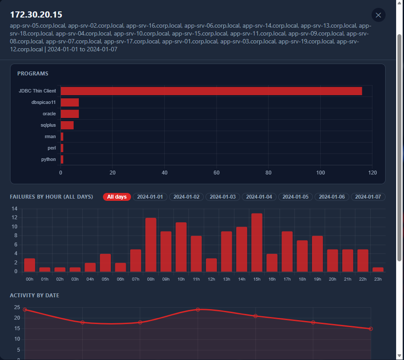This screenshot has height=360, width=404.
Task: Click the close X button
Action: click(x=378, y=15)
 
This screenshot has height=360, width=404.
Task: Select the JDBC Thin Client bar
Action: click(x=211, y=91)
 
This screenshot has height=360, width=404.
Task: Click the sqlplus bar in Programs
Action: click(x=67, y=125)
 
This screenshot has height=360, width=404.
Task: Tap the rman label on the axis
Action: click(x=50, y=136)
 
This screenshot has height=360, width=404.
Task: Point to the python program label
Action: click(x=49, y=159)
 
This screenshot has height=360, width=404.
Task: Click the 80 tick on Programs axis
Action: click(x=269, y=173)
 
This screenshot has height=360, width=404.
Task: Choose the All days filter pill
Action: click(x=117, y=197)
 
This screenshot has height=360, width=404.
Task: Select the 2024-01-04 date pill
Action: click(x=259, y=197)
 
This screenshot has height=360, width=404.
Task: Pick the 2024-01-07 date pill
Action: click(x=368, y=197)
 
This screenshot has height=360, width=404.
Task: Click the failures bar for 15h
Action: click(x=257, y=242)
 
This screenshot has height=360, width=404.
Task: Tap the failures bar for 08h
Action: click(x=151, y=245)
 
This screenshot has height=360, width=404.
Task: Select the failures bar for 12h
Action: click(x=211, y=265)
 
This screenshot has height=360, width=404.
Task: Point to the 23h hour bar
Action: click(x=378, y=270)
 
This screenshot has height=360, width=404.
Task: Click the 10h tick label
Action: click(x=181, y=279)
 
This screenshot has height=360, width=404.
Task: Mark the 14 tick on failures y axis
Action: click(x=14, y=209)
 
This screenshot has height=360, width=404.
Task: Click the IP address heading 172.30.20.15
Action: click(x=36, y=15)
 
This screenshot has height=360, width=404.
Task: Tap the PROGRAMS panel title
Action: click(x=33, y=74)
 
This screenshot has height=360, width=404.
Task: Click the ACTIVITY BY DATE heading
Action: click(x=35, y=296)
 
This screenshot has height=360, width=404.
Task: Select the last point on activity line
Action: click(x=371, y=329)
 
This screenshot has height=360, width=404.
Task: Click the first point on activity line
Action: click(x=25, y=310)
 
